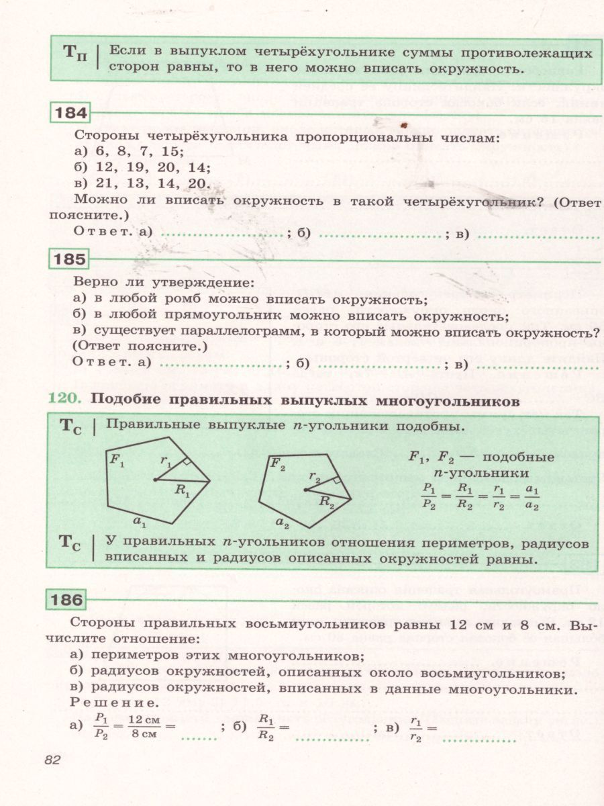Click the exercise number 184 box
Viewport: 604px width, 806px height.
pos(70,114)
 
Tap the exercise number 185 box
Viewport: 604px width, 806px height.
pos(70,259)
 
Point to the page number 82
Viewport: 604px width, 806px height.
pos(52,760)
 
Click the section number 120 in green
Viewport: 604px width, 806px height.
pos(63,401)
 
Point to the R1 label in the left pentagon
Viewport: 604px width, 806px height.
pos(183,490)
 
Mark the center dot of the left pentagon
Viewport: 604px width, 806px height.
pos(155,480)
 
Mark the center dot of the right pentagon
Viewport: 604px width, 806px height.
pos(305,490)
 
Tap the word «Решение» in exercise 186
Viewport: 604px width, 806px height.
pos(114,703)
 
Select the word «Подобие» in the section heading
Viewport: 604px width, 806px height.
pos(123,401)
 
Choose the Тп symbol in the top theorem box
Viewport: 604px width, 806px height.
pos(74,54)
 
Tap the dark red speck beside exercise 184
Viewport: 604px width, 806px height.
pos(403,126)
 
